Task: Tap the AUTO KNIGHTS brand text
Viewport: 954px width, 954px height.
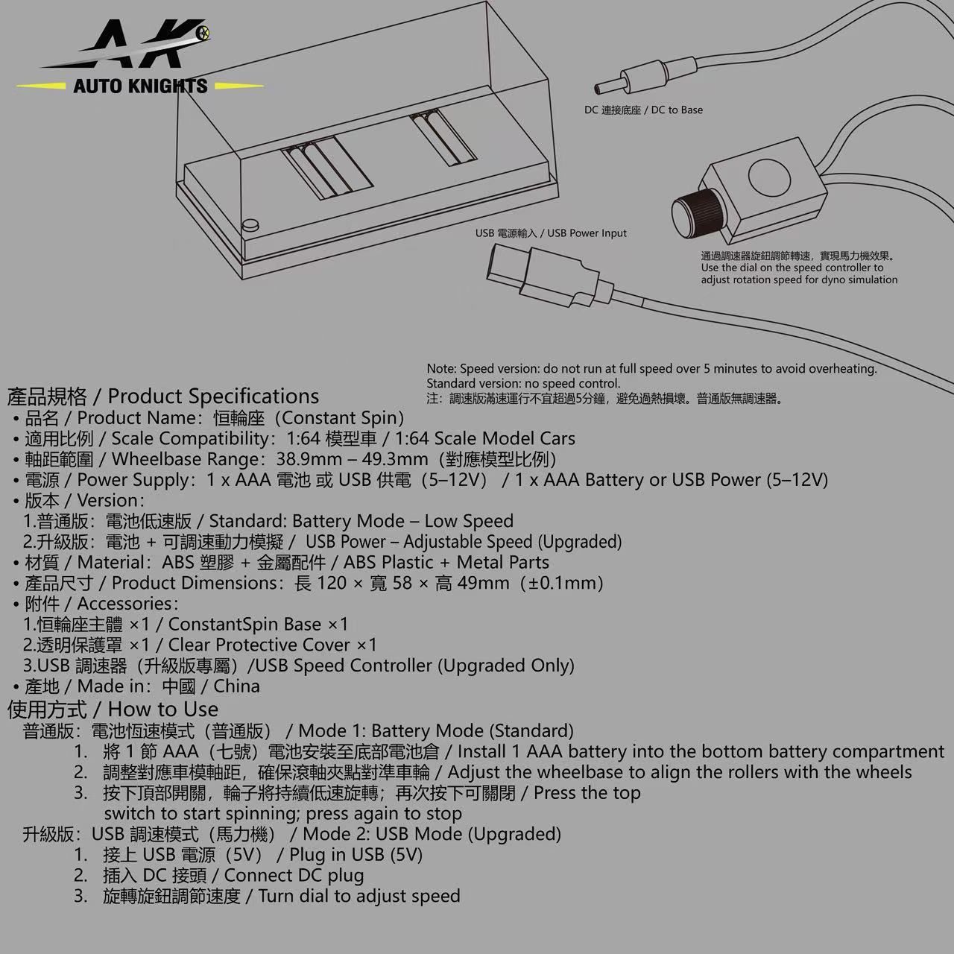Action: click(140, 86)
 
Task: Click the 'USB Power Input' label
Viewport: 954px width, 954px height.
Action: click(587, 233)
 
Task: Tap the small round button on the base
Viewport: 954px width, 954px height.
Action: click(250, 223)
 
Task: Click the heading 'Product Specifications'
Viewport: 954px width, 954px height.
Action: click(213, 397)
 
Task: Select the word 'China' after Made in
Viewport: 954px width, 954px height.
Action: click(236, 686)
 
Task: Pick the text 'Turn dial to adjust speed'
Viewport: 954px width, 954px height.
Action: click(358, 896)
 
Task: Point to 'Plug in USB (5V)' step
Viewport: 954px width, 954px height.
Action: click(356, 855)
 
